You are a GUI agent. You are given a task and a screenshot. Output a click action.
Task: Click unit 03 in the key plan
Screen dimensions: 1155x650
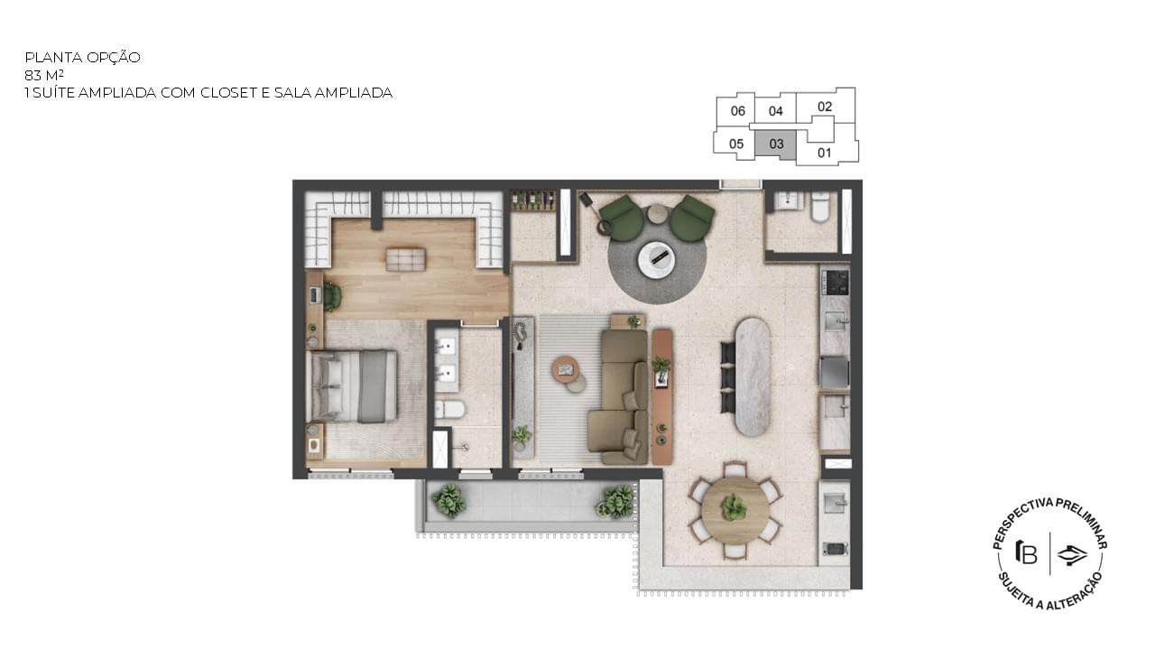775,144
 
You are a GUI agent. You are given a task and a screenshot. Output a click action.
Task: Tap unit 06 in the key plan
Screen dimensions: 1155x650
737,111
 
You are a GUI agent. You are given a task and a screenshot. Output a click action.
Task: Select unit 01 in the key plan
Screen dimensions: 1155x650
825,153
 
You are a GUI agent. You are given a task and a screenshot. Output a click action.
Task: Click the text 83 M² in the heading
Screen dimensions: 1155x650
44,75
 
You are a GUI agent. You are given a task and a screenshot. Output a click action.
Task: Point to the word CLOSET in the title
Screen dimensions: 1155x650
228,93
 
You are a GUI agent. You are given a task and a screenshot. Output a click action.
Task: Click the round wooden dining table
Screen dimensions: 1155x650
735,510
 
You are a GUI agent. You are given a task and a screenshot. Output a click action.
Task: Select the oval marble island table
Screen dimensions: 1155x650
753,376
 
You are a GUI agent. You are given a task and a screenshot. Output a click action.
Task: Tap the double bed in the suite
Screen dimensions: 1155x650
352,386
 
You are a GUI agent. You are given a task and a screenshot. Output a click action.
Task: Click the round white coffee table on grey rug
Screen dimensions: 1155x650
656,259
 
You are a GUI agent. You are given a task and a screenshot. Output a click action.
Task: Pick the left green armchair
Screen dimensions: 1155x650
623,218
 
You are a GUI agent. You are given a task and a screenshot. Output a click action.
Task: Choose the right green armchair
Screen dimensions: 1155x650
692,218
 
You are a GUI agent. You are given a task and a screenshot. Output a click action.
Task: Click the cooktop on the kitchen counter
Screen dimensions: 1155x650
835,283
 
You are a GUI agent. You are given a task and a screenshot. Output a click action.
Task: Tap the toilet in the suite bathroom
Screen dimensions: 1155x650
449,410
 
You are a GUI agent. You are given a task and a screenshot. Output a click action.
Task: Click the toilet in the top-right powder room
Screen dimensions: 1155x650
820,207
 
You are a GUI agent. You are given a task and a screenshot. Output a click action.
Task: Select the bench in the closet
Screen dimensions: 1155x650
406,259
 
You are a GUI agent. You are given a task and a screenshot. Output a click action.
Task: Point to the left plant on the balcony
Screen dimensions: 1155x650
449,499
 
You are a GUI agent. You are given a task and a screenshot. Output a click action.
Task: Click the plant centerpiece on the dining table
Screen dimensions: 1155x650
734,507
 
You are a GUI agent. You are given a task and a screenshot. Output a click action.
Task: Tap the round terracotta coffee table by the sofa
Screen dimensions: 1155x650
566,370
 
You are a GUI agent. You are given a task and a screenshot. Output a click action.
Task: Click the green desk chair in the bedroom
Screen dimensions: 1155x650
332,297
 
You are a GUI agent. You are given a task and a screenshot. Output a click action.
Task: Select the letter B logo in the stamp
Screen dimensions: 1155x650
1026,553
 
